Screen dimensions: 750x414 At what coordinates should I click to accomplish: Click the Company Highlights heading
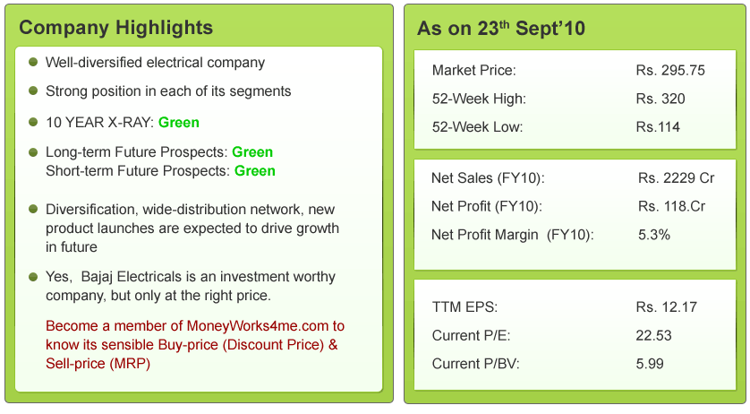[115, 28]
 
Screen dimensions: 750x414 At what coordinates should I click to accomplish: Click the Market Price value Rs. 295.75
[670, 71]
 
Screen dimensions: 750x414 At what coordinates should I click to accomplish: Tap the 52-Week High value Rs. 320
[661, 99]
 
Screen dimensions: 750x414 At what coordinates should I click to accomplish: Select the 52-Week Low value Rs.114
[658, 127]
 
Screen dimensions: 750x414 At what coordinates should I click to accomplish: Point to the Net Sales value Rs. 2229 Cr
[676, 178]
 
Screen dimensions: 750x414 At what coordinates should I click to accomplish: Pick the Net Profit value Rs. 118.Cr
[671, 206]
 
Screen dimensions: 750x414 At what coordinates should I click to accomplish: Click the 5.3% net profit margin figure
[654, 235]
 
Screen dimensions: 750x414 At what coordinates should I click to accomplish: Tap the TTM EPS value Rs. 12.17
[666, 307]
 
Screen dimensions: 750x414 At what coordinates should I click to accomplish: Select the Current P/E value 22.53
[653, 335]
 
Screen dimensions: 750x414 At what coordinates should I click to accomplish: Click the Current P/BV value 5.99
[650, 364]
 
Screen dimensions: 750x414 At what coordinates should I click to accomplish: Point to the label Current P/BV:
[475, 364]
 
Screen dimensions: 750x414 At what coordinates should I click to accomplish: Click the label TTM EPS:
[464, 307]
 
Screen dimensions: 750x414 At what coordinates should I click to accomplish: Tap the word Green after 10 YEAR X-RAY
[178, 123]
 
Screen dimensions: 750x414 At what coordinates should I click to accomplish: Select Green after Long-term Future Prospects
[252, 152]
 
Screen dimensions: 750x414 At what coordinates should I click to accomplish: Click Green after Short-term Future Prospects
[254, 171]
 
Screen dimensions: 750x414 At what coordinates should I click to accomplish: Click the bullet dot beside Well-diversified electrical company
[33, 62]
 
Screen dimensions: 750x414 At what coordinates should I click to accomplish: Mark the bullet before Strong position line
[33, 91]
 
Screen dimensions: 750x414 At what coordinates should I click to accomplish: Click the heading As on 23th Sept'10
[501, 29]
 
